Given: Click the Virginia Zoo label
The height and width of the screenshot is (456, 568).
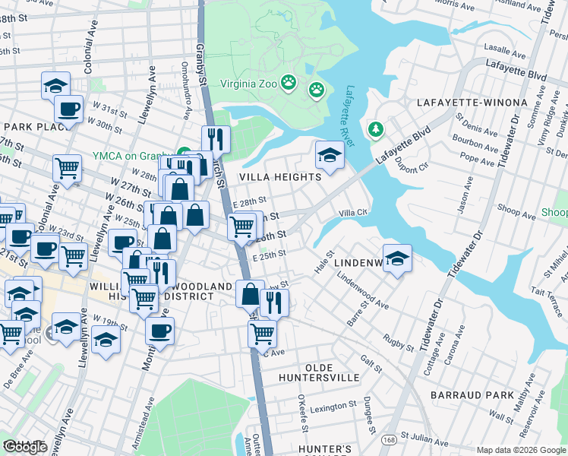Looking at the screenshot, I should click(x=248, y=84).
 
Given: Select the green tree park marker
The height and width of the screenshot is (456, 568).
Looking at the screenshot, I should click(x=375, y=131).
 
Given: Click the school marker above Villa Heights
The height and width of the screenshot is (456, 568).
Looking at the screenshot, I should click(x=330, y=155).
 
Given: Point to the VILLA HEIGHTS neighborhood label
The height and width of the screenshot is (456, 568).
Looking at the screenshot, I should click(x=280, y=177).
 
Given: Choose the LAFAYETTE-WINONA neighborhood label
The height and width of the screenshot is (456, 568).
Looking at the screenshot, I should click(x=472, y=102).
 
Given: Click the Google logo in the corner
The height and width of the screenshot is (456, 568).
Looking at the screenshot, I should click(x=25, y=447).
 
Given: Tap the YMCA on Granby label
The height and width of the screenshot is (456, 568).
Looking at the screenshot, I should click(x=134, y=156).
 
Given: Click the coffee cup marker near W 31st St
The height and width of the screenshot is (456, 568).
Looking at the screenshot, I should click(x=70, y=109).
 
